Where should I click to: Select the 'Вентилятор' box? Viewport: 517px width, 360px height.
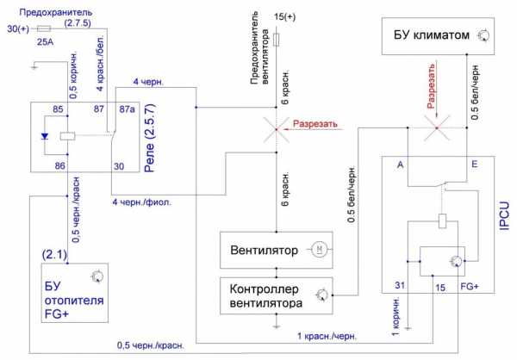coord(276,250)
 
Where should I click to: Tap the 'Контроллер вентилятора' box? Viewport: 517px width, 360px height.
coord(276,295)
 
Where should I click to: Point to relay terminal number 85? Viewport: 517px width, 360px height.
coord(58,109)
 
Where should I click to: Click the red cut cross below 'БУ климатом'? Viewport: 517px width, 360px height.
coord(437,130)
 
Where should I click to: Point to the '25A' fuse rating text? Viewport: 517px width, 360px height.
coord(45,40)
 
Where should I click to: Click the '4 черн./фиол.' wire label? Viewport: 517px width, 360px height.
coord(141,203)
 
